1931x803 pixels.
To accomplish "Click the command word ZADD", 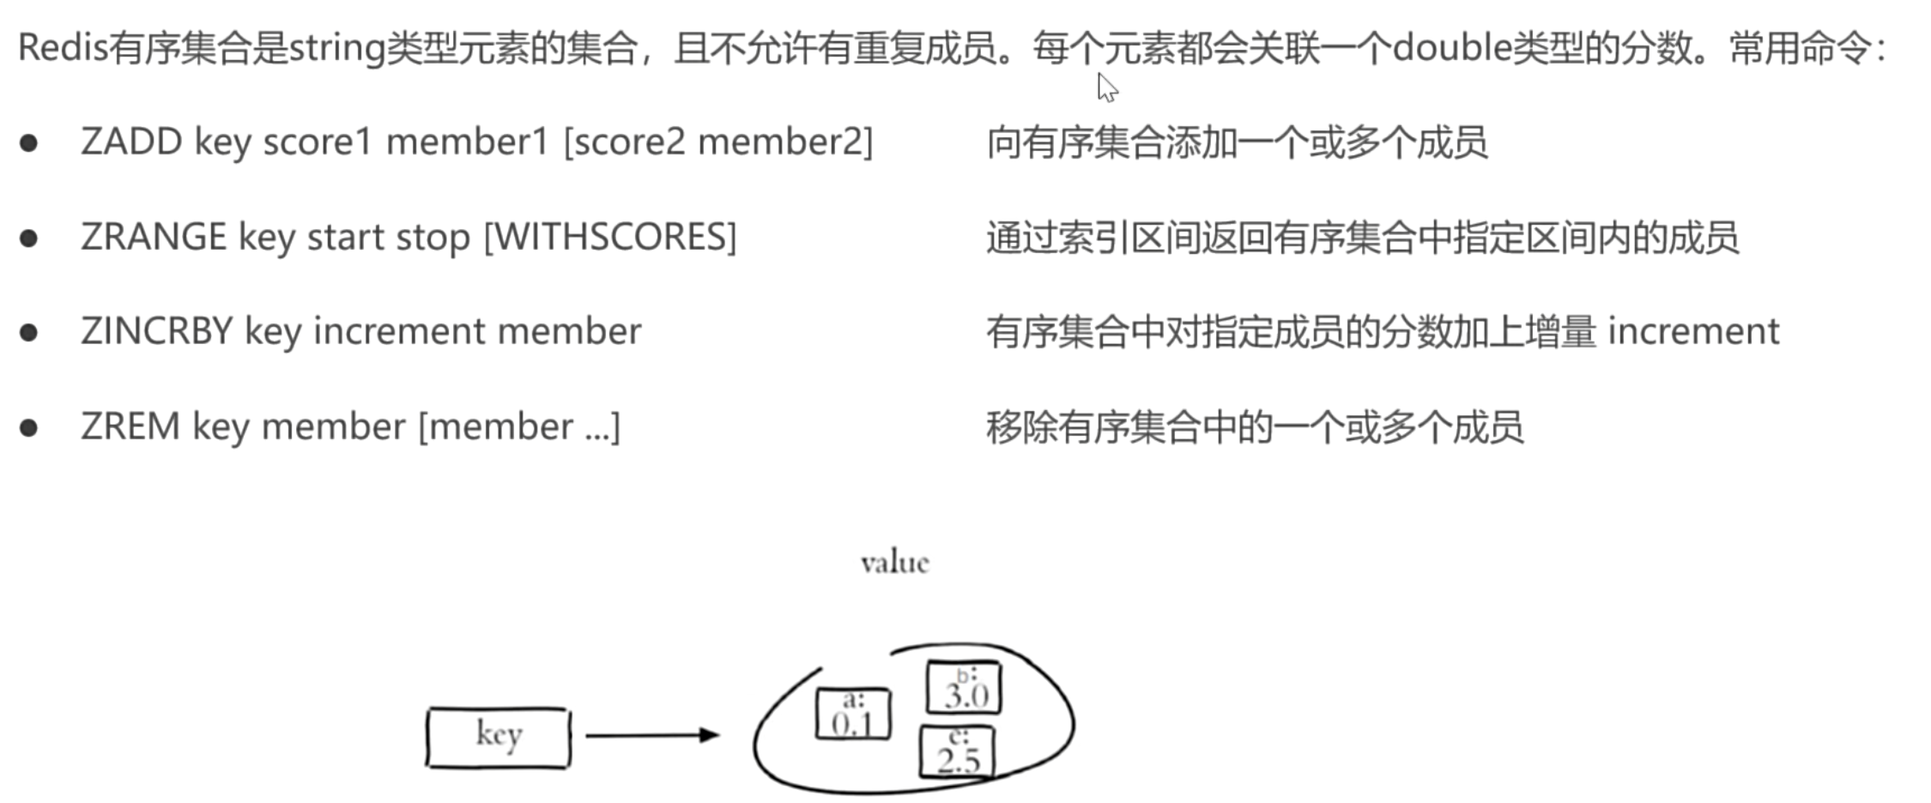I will coord(130,142).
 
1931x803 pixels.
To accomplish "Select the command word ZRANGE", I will coord(153,237).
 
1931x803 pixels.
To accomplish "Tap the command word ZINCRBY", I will coord(156,331).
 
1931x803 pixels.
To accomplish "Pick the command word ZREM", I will coord(130,426).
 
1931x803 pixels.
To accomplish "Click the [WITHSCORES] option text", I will coord(610,237).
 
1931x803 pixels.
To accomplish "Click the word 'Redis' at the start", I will coord(63,47).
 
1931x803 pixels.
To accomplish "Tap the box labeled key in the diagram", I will coord(498,737).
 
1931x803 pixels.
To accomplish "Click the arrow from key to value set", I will coord(651,735).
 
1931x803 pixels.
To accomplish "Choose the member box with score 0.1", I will coord(852,714).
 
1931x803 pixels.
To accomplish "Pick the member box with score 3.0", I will coord(964,687).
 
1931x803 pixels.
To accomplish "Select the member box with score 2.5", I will coord(957,752).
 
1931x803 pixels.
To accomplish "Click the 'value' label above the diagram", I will coord(894,563).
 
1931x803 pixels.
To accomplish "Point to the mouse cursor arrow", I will coord(1106,87).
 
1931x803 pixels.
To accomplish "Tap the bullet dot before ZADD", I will coord(29,142).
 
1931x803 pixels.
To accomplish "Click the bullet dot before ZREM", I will coord(29,427).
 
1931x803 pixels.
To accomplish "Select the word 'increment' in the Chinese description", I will coord(1692,331).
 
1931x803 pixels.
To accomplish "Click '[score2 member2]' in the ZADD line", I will coord(717,142).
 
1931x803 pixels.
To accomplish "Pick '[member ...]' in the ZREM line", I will coord(518,426).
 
